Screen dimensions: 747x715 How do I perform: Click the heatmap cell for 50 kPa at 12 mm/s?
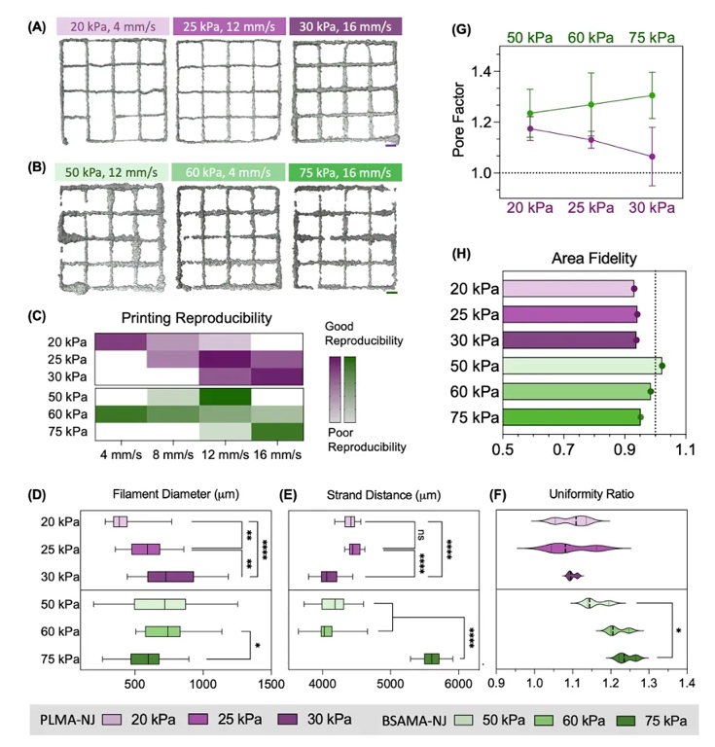click(x=226, y=397)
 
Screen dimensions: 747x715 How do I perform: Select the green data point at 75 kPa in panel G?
click(x=652, y=95)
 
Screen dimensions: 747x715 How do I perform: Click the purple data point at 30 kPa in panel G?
click(x=652, y=157)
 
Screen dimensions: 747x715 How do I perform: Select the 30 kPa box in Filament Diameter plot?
click(x=170, y=577)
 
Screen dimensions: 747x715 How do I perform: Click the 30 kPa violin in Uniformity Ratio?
click(x=573, y=577)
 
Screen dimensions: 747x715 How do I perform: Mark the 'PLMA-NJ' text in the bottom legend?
click(x=65, y=722)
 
